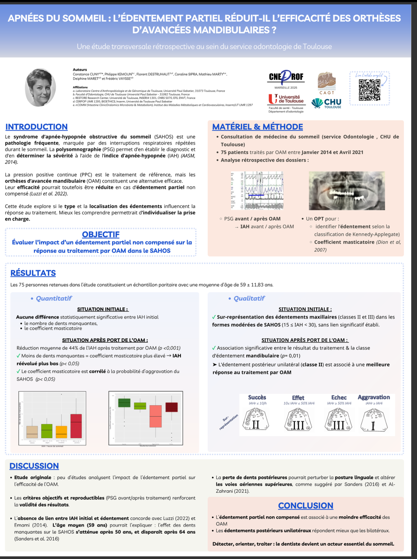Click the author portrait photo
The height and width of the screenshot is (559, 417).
click(41, 87)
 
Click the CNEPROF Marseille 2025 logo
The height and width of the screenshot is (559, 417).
click(286, 79)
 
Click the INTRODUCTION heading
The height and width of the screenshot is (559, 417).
click(36, 127)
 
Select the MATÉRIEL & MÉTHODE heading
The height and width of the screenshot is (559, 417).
click(258, 127)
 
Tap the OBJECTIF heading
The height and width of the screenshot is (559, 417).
click(101, 234)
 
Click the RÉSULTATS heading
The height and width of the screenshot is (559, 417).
click(33, 273)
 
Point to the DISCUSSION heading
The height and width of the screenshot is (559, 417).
click(34, 466)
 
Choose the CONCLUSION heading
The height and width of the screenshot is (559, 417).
click(305, 506)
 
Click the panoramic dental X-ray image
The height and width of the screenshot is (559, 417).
click(347, 190)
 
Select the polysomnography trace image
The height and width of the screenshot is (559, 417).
click(257, 190)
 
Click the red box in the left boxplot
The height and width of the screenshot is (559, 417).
click(76, 426)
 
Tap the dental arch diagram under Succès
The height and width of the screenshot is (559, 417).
click(257, 419)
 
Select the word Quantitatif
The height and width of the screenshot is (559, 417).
click(54, 298)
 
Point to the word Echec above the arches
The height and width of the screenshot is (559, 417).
click(339, 398)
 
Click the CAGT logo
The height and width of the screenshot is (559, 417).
click(327, 84)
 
